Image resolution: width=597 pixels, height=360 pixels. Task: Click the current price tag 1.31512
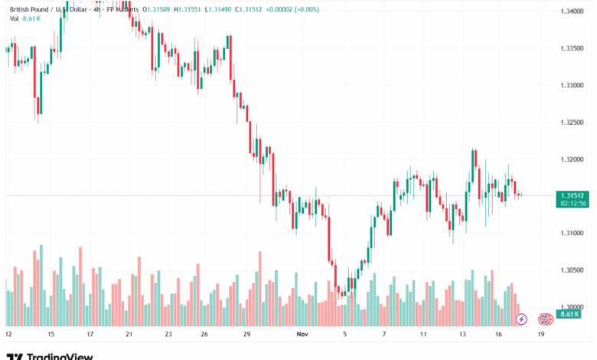(x=573, y=195)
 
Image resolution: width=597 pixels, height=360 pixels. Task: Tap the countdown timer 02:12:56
(x=573, y=203)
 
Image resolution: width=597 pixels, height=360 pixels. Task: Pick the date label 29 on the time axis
(x=246, y=334)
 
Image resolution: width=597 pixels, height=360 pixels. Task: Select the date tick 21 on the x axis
(x=129, y=334)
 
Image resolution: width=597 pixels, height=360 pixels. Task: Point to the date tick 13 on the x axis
(x=463, y=334)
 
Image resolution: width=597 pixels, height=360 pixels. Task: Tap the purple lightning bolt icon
(x=521, y=319)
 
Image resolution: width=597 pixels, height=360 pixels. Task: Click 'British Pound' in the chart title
(x=30, y=8)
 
